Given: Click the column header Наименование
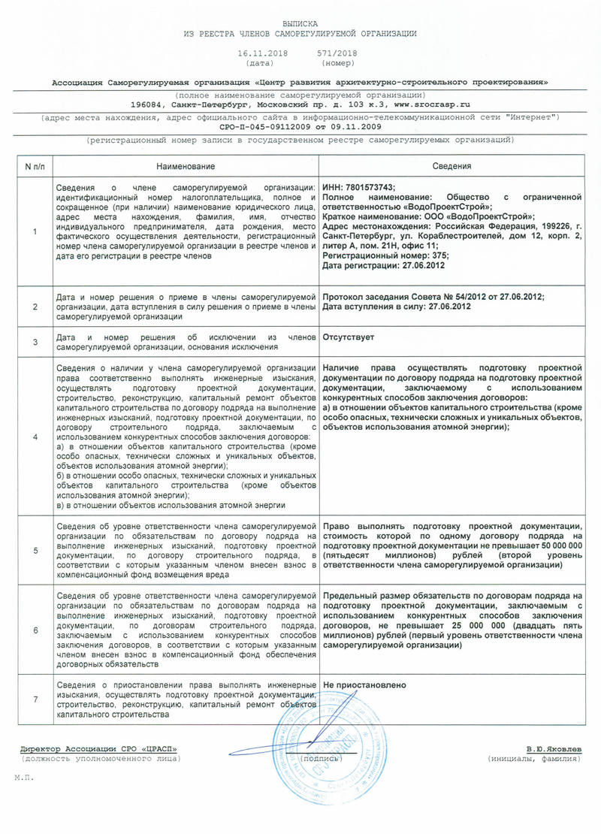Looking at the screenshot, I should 185,166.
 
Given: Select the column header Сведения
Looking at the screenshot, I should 452,166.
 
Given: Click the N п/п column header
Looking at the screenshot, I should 35,166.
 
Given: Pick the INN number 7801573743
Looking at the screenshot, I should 369,187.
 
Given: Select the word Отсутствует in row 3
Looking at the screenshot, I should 349,337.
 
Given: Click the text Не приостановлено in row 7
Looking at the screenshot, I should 364,685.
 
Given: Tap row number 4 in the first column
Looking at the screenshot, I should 35,437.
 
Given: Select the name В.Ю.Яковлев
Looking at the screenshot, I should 554,749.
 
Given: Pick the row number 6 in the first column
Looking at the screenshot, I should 35,630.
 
